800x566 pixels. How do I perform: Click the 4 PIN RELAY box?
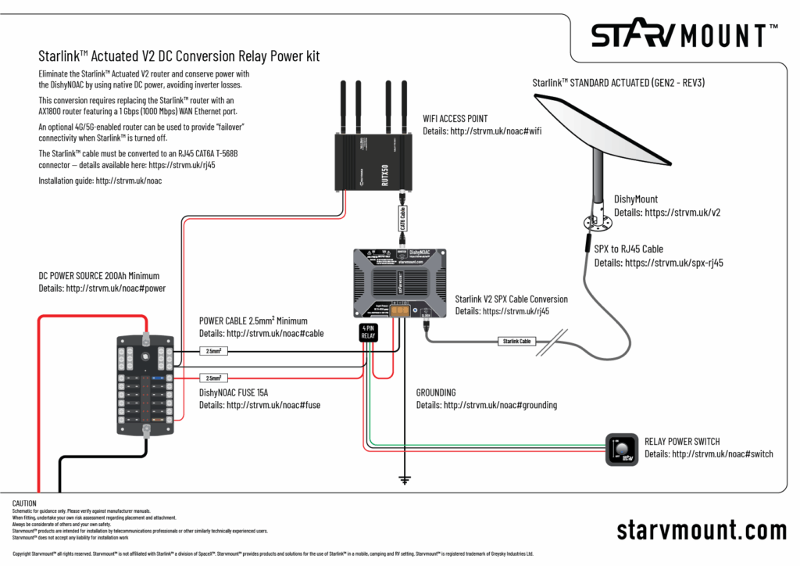[368, 332]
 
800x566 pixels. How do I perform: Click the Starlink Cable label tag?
[516, 341]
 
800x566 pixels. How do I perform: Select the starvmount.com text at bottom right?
[701, 529]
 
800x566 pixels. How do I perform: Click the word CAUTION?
[25, 502]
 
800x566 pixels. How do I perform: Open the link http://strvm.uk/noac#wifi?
[495, 131]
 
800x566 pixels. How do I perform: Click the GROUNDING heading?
[436, 392]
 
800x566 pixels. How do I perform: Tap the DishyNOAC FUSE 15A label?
[233, 392]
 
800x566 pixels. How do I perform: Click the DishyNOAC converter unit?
[399, 283]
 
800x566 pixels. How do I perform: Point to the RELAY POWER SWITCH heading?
[682, 442]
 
